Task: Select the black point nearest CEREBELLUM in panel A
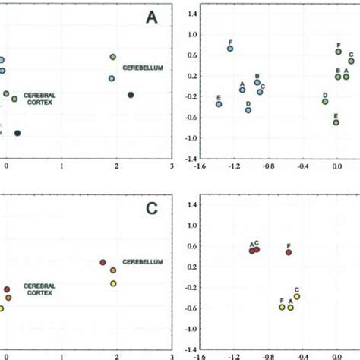(x=131, y=95)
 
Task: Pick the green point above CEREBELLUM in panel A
(x=112, y=57)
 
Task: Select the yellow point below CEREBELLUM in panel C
(x=113, y=283)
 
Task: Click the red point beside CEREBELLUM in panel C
(x=103, y=262)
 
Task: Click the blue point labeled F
(x=230, y=49)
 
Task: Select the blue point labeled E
(x=219, y=104)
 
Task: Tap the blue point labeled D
(x=248, y=110)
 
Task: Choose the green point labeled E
(x=336, y=122)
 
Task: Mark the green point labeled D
(x=324, y=102)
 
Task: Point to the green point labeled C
(x=351, y=61)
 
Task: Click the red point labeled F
(x=289, y=252)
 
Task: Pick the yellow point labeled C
(x=297, y=296)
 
